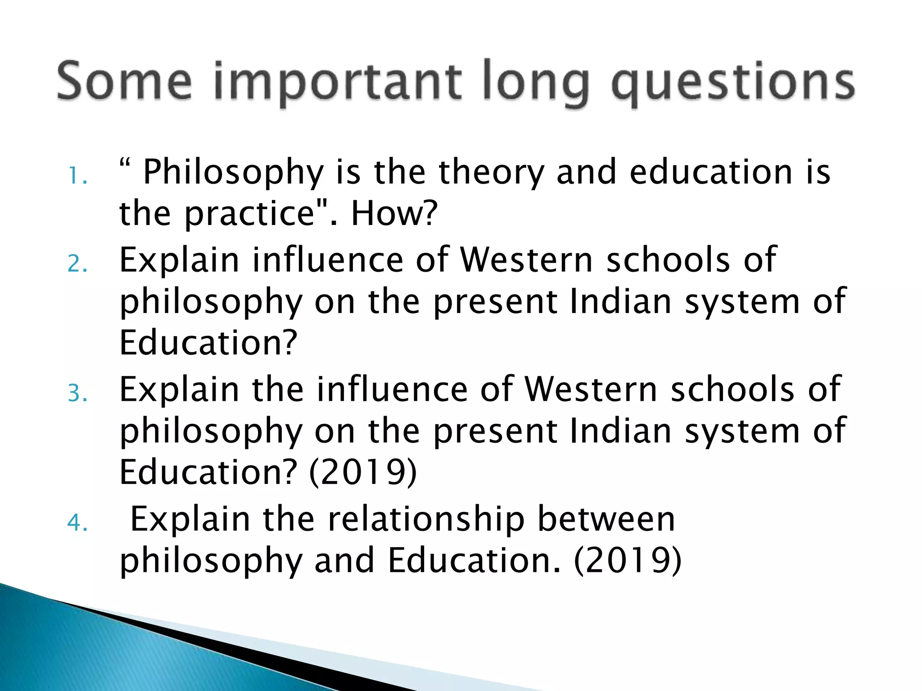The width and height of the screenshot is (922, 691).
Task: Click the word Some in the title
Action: click(x=124, y=82)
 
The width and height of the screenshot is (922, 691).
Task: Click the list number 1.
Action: click(x=77, y=176)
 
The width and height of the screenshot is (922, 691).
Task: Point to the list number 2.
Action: click(x=77, y=264)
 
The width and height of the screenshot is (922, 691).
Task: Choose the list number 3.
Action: click(x=77, y=393)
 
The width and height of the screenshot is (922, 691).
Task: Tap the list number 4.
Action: click(x=77, y=523)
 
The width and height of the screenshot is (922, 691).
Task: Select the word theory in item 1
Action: click(x=492, y=173)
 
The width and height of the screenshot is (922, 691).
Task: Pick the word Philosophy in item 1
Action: click(x=233, y=173)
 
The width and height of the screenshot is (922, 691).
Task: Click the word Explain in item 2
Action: click(x=179, y=260)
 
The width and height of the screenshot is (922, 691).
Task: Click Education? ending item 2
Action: click(x=208, y=343)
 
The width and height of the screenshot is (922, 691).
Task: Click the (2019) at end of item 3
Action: click(x=363, y=472)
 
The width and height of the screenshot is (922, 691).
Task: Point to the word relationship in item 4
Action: click(x=426, y=519)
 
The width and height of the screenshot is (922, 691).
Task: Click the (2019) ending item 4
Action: click(x=628, y=561)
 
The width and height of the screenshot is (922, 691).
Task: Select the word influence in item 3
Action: click(x=392, y=389)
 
